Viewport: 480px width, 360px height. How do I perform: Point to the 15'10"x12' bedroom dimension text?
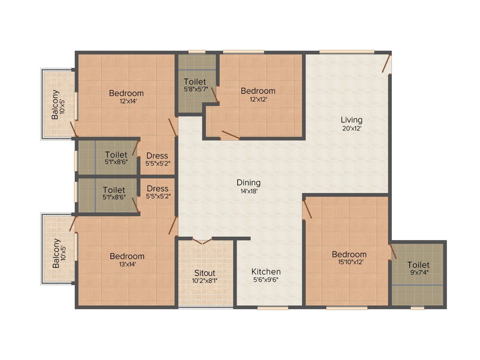pyautogui.click(x=349, y=262)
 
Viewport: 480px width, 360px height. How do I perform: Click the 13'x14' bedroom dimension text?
pyautogui.click(x=127, y=264)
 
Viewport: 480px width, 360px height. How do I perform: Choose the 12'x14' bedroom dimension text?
pyautogui.click(x=126, y=100)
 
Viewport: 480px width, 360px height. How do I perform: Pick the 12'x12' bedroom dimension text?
pyautogui.click(x=258, y=98)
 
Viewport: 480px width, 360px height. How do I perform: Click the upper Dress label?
pyautogui.click(x=157, y=156)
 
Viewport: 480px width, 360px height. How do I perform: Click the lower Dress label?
pyautogui.click(x=157, y=189)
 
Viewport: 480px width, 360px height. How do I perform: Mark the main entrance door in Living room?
pyautogui.click(x=387, y=63)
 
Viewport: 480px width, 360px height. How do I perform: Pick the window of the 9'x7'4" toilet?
pyautogui.click(x=417, y=308)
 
